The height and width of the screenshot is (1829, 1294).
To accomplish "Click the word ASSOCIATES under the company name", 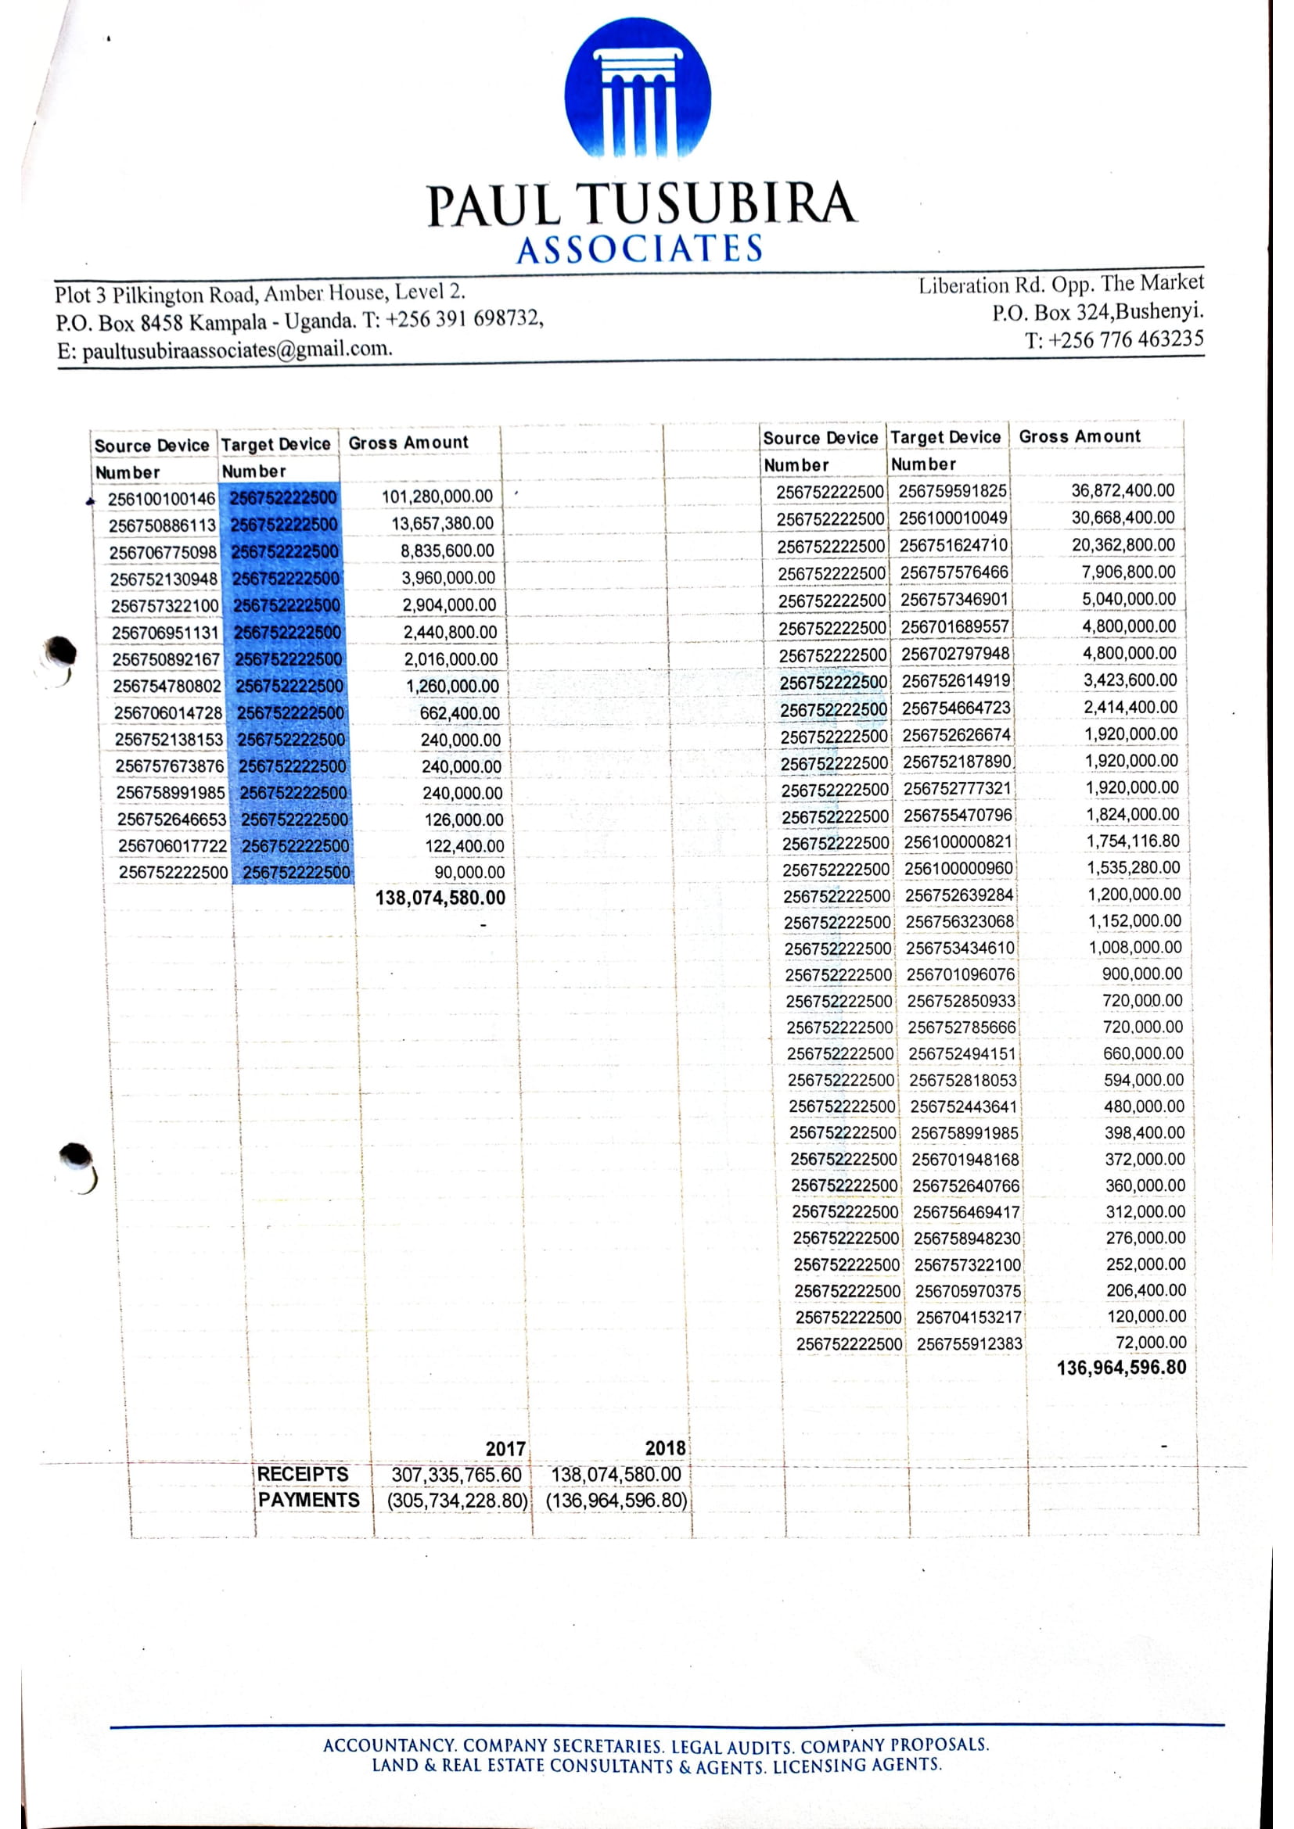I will click(639, 249).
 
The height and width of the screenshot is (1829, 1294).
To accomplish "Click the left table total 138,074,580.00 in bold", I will click(440, 898).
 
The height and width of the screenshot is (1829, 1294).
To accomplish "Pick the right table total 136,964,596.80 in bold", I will click(1121, 1368).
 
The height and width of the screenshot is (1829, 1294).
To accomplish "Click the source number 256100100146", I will click(162, 499).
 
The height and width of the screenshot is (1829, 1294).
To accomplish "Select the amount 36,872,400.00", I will click(1122, 490).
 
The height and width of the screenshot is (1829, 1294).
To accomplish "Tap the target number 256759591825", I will click(952, 491).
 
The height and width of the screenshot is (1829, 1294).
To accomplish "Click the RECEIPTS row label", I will click(302, 1474).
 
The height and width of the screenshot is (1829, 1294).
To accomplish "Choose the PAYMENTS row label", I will click(308, 1500).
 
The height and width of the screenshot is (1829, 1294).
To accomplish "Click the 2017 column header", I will click(505, 1448).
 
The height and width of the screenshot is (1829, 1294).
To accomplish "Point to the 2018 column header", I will click(664, 1448).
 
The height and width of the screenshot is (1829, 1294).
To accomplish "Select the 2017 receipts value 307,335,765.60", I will click(456, 1475).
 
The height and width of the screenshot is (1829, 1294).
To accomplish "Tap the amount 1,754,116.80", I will click(1133, 841).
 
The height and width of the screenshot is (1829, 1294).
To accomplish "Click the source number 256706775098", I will click(163, 552).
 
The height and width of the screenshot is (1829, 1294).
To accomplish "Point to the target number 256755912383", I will click(969, 1344).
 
